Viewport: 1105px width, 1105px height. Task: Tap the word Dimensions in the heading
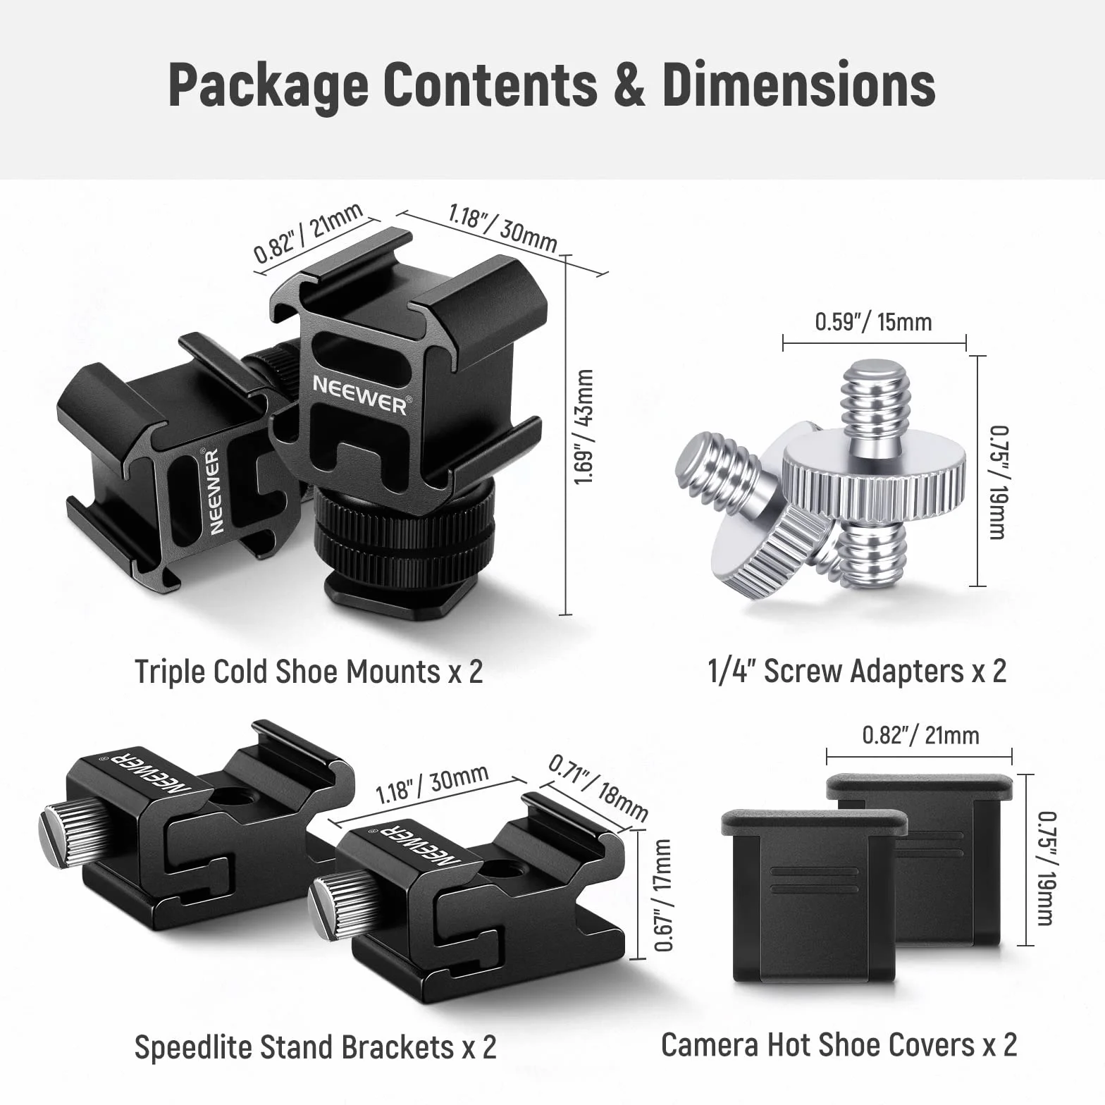798,85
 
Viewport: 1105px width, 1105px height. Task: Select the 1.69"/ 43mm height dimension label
584,427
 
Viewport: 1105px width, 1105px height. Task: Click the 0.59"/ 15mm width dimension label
873,322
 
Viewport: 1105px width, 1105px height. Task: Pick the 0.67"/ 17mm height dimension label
663,894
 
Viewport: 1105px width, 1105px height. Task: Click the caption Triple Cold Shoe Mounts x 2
309,672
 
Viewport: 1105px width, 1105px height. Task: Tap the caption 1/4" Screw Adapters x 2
857,671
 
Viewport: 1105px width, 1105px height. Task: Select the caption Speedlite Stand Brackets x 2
315,1047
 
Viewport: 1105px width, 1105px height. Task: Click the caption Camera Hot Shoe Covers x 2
839,1044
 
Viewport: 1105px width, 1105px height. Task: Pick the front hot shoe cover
814,896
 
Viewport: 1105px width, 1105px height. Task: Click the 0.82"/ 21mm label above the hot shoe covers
920,736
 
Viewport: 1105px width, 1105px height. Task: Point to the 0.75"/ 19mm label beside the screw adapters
998,483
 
